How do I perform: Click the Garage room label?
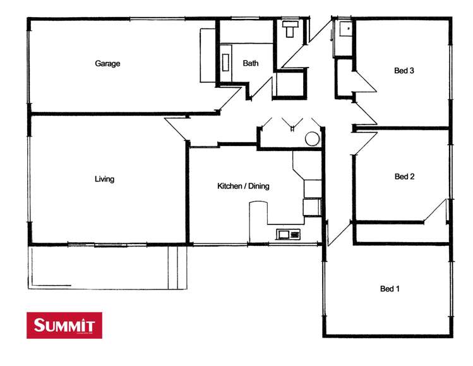(107, 63)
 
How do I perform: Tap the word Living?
(104, 179)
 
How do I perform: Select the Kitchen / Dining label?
(243, 186)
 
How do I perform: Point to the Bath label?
(251, 63)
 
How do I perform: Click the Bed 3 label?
(404, 71)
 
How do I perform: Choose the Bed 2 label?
(404, 176)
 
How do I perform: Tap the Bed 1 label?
(390, 289)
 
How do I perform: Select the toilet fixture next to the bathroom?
(290, 29)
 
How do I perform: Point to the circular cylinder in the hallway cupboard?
(313, 140)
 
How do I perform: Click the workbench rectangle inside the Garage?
(208, 55)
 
